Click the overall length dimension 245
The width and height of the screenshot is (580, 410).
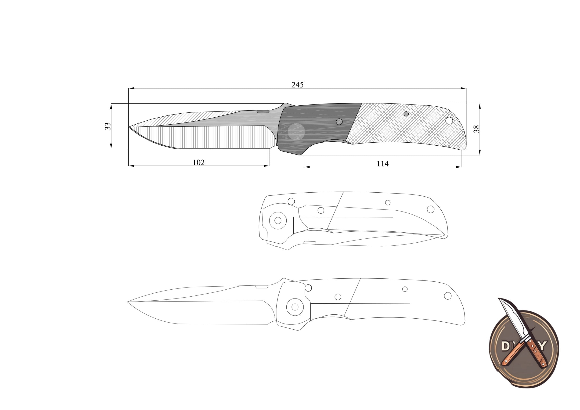(x=297, y=85)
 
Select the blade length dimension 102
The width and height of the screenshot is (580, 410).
(x=198, y=162)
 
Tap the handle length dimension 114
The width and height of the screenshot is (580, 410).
(x=382, y=164)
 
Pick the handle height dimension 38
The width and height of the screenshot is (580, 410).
(x=476, y=129)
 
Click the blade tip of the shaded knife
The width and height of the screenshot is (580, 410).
(x=129, y=127)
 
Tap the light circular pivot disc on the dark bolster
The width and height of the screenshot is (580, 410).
(x=296, y=132)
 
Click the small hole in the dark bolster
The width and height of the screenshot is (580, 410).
(x=339, y=122)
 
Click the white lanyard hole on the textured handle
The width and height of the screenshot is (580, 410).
(x=449, y=121)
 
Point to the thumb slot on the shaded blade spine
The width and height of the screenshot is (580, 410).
(x=263, y=111)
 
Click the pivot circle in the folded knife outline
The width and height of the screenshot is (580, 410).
(x=278, y=220)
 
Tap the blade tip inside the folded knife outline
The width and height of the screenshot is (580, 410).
(x=445, y=235)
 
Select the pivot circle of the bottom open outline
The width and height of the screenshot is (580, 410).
(x=295, y=307)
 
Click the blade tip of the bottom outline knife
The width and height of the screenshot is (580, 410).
(x=128, y=302)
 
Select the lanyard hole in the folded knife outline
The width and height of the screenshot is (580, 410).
(x=431, y=209)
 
